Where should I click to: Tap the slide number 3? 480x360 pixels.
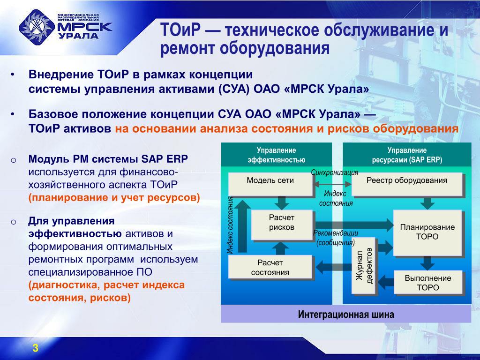click(x=35, y=347)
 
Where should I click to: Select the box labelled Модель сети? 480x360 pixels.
click(x=270, y=184)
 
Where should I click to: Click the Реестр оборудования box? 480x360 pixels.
click(x=406, y=184)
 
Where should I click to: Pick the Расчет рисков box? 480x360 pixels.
click(x=282, y=225)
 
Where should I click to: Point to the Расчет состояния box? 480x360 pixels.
click(x=270, y=267)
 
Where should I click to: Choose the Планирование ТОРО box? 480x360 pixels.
click(x=427, y=232)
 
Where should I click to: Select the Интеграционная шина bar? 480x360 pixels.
click(x=346, y=315)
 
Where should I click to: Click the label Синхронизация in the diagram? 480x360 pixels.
click(x=334, y=172)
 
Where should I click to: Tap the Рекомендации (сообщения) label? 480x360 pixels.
click(x=336, y=238)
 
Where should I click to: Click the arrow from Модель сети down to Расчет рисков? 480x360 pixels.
click(x=282, y=202)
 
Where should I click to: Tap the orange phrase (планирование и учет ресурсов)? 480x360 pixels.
click(x=114, y=197)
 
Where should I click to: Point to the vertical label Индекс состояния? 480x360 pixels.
click(x=230, y=225)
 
